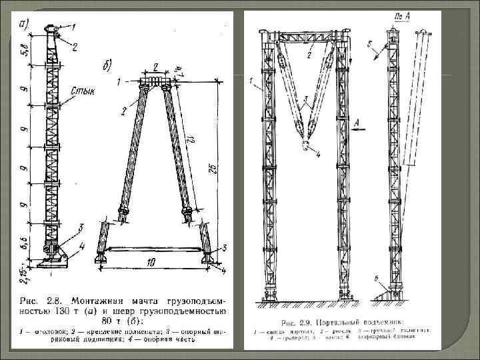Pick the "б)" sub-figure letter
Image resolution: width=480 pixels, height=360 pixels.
pos(108,64)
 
